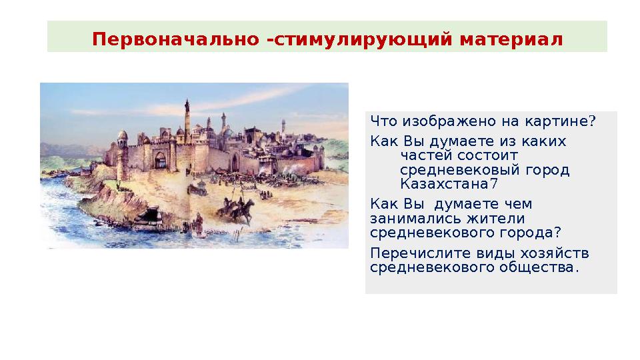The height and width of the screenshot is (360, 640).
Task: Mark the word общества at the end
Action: click(x=541, y=267)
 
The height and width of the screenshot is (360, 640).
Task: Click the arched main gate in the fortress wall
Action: click(x=160, y=160)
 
